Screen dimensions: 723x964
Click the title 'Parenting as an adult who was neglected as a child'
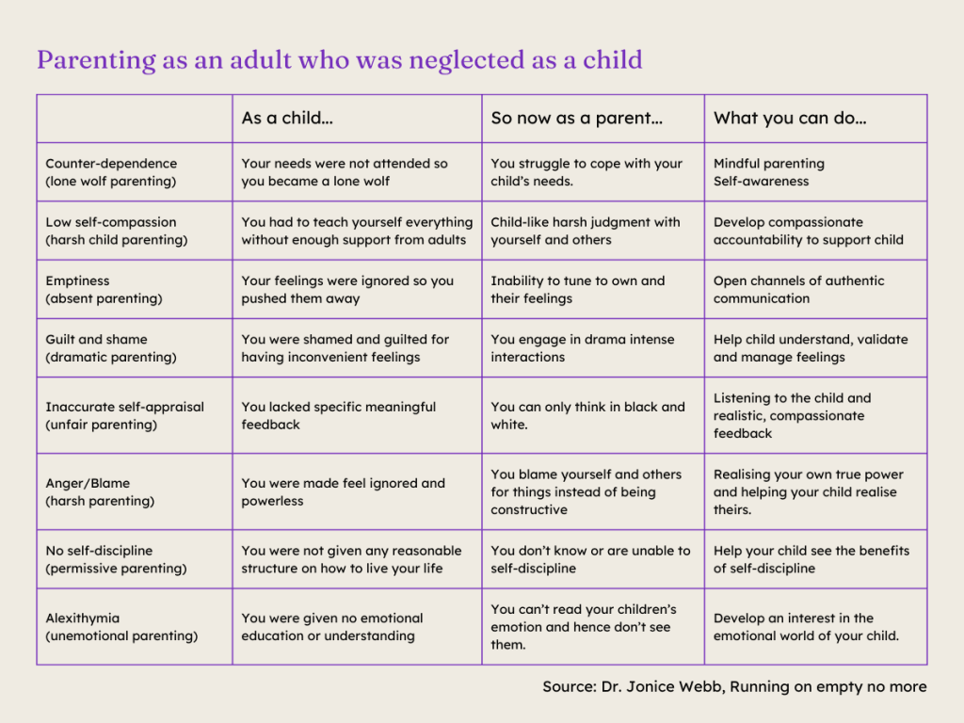pos(339,60)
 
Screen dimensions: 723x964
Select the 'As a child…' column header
pos(287,119)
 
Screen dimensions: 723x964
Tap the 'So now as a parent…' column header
pos(576,119)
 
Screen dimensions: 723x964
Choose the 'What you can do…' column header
pos(790,119)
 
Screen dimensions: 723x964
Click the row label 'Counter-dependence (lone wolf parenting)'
pos(111,172)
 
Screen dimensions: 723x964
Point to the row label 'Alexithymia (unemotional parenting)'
pos(121,627)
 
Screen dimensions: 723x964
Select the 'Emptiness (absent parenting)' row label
pos(104,290)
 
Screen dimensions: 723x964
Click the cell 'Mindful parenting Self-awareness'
pos(768,172)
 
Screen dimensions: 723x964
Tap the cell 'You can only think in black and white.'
pos(587,416)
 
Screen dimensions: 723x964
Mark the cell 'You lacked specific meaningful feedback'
pos(338,416)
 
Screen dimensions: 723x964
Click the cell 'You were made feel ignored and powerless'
pos(343,492)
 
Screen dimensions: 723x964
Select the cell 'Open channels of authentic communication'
pos(798,290)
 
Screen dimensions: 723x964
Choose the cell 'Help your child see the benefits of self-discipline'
pos(811,559)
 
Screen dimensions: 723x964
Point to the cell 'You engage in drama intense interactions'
pos(582,348)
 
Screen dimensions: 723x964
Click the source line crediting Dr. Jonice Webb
pos(734,686)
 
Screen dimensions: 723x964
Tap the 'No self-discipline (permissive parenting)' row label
pos(116,559)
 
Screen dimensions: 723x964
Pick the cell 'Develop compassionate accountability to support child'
pos(808,231)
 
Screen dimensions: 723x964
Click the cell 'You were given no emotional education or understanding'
pos(331,627)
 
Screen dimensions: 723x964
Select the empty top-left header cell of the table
pos(135,119)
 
